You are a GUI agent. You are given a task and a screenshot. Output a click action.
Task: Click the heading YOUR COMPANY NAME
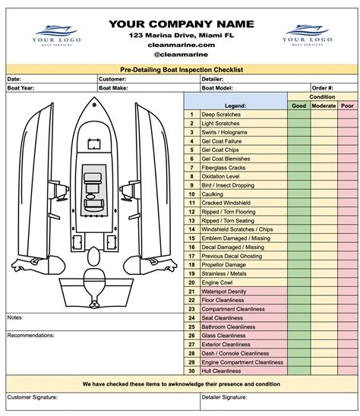180,24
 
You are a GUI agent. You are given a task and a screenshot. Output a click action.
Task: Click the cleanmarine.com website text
180,45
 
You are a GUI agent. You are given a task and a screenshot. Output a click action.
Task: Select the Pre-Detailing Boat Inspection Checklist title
180,69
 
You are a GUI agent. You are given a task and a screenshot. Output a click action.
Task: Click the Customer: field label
112,79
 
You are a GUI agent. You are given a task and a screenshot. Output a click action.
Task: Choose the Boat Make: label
115,88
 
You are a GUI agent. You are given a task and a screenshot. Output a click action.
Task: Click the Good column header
299,106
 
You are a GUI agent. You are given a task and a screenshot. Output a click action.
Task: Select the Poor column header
346,106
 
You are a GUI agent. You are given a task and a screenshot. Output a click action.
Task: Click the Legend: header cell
235,106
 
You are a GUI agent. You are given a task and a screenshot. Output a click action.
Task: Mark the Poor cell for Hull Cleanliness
346,370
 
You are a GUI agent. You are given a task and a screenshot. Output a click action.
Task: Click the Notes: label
15,317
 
